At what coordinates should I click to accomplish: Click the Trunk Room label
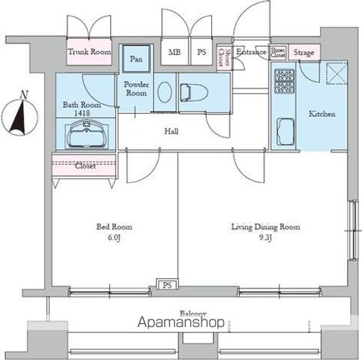tap(89, 52)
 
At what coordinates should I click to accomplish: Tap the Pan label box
tap(136, 58)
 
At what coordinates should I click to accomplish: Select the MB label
tap(175, 52)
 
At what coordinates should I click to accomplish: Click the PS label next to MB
tap(202, 52)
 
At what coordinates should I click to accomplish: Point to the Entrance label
tap(251, 52)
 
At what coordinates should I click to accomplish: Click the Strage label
tap(304, 52)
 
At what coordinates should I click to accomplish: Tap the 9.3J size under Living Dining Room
tap(265, 238)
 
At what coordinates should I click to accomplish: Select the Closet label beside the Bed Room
tap(85, 166)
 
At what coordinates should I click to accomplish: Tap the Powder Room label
tap(136, 89)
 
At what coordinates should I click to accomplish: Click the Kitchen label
tap(322, 114)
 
